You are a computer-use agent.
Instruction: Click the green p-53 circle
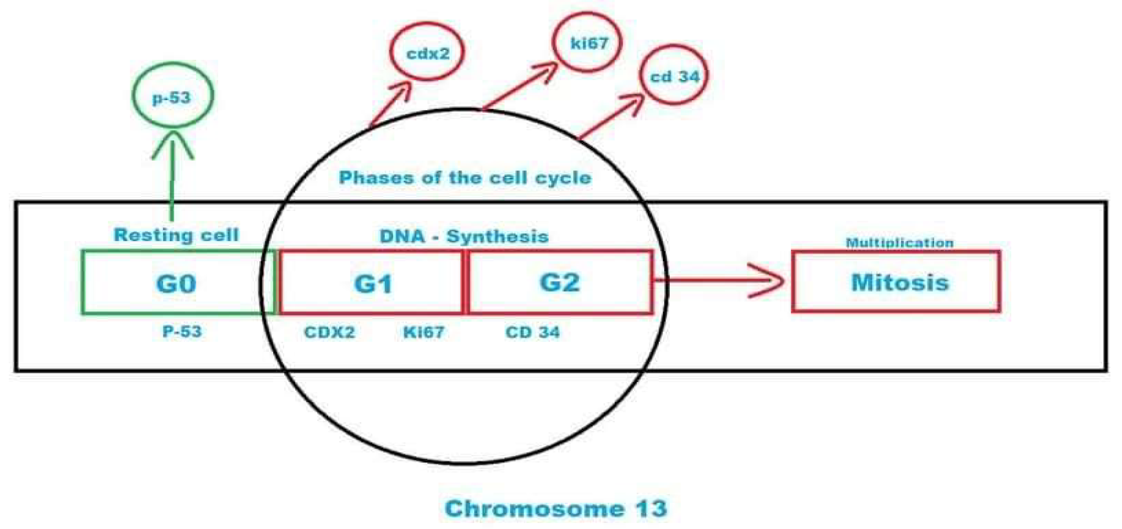(x=172, y=96)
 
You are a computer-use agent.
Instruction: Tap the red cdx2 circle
(x=427, y=52)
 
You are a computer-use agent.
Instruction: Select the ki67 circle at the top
(x=587, y=42)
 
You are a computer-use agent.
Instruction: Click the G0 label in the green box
(x=176, y=283)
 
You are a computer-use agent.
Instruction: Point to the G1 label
(x=373, y=283)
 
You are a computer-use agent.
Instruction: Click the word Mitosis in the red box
(x=900, y=282)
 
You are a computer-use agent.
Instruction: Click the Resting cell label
(x=176, y=235)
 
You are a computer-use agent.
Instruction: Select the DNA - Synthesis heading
(x=464, y=236)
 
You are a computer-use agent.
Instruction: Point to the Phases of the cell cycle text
(x=465, y=178)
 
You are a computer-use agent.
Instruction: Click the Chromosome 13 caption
(x=556, y=508)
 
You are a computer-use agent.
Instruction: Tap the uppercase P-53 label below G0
(x=182, y=332)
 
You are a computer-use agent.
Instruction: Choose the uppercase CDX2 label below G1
(x=329, y=332)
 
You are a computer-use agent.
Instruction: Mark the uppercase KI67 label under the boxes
(x=423, y=332)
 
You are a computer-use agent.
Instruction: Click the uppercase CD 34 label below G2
(x=532, y=332)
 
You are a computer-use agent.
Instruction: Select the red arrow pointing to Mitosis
(x=719, y=281)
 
